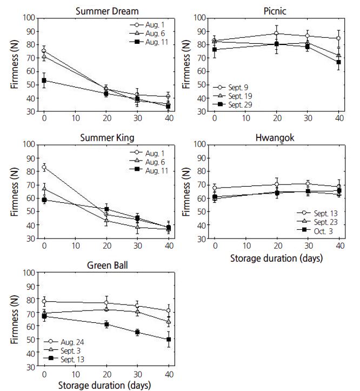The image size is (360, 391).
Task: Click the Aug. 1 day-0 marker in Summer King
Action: coord(44,168)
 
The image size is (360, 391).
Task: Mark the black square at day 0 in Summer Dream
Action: coord(44,81)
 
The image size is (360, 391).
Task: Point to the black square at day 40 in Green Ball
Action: coord(169,340)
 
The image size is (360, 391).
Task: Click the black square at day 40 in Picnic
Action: coord(339,62)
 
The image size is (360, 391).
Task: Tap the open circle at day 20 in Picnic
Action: coord(277,34)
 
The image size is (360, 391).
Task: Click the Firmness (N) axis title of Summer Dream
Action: coord(15,64)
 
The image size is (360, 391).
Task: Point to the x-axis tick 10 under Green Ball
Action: coord(75,374)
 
